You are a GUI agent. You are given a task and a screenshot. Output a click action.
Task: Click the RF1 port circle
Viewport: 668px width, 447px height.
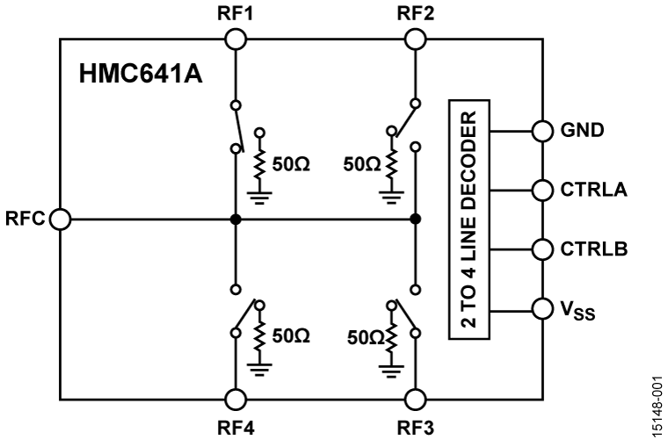coord(235,39)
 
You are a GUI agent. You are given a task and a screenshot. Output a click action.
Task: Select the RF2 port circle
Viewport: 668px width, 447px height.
coord(415,39)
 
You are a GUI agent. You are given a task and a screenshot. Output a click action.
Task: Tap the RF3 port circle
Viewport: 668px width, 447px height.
coord(415,400)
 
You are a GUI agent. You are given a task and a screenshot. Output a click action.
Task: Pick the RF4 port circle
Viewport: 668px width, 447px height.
coord(235,400)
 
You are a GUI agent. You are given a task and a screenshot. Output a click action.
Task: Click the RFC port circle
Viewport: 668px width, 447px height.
coord(61,219)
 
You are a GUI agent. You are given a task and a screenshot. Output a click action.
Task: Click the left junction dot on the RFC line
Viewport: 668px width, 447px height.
coord(235,219)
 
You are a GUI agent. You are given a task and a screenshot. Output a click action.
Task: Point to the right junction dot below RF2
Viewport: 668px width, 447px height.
coord(415,219)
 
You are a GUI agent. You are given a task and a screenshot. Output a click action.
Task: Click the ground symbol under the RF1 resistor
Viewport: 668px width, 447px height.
coord(259,196)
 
